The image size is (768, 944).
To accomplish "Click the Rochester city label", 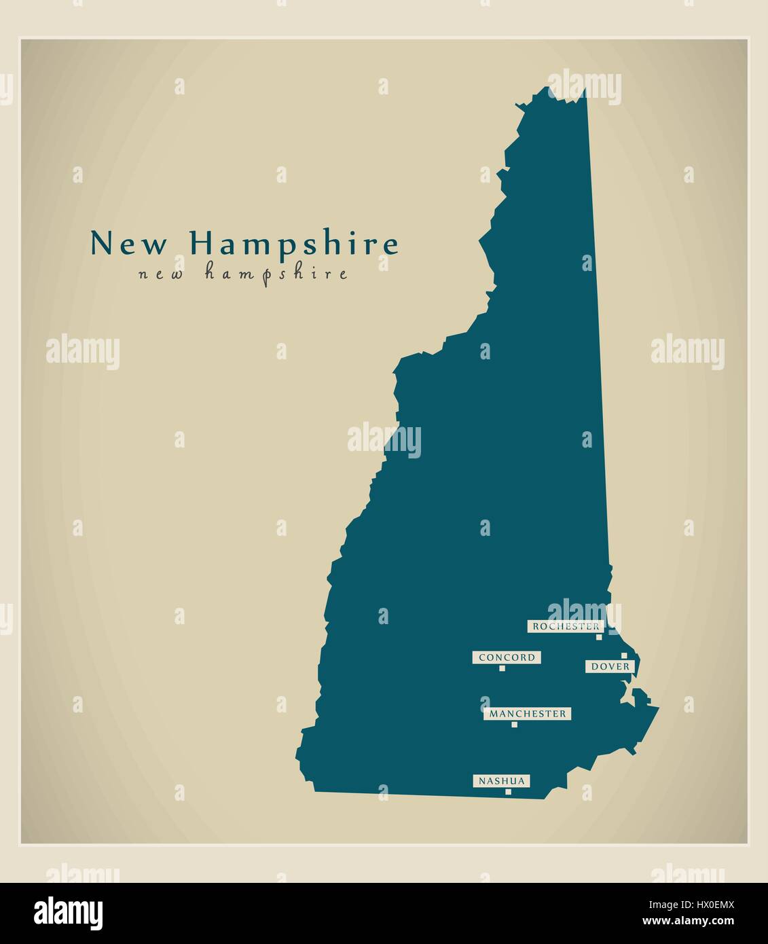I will [566, 626].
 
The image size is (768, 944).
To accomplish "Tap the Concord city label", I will [507, 657].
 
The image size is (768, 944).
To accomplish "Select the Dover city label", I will [610, 667].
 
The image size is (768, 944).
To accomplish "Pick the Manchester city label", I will [527, 714].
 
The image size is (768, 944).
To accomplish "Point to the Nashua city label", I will [501, 781].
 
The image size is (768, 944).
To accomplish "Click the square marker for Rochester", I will [599, 637].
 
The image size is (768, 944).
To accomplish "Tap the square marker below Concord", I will [502, 668].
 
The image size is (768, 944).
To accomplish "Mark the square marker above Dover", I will [623, 656].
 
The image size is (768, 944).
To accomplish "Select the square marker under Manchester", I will [514, 725].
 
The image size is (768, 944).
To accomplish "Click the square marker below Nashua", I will [507, 791].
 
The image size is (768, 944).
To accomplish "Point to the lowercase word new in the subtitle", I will [161, 274].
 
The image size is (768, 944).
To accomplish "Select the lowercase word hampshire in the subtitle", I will [276, 274].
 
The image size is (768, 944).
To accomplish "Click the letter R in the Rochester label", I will [536, 626].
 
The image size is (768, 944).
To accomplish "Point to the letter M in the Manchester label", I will [492, 714].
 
